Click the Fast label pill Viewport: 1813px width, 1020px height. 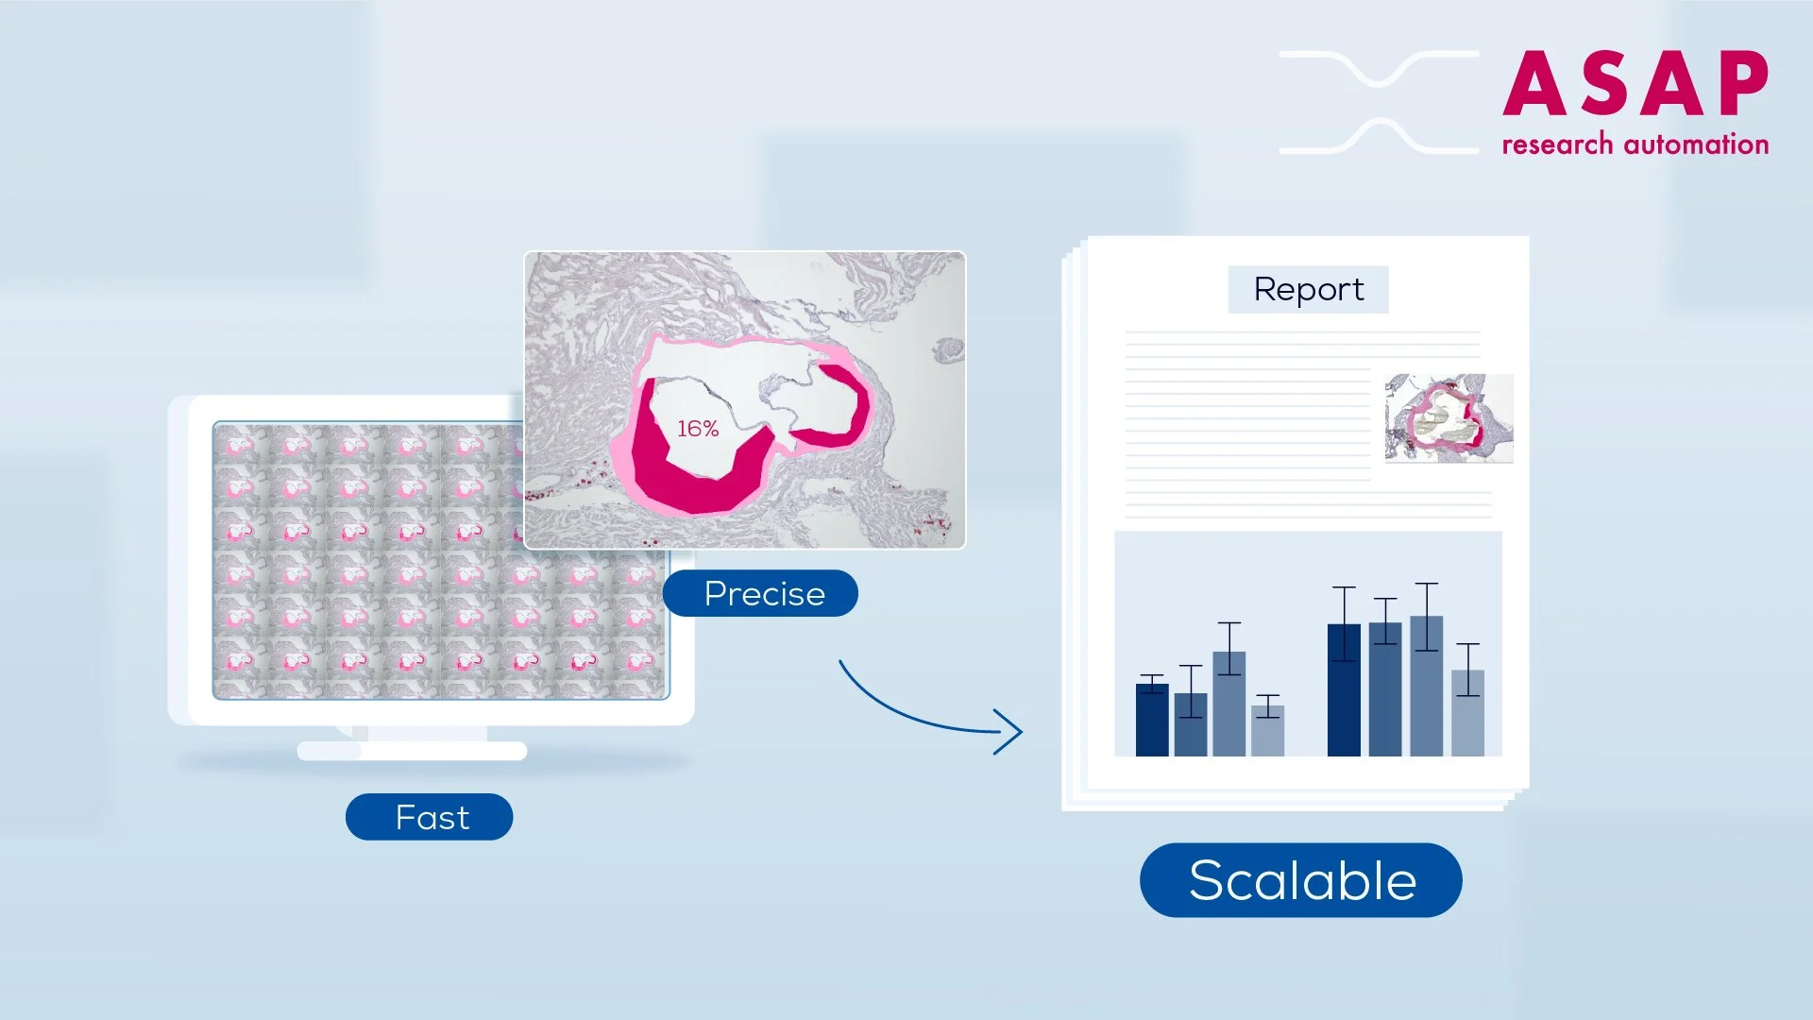[x=430, y=817]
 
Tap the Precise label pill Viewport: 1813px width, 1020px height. [x=761, y=593]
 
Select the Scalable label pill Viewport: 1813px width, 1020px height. [x=1301, y=880]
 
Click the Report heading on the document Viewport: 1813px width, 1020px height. [x=1308, y=289]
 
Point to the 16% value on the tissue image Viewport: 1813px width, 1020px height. [x=698, y=429]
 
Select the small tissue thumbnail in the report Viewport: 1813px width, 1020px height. [x=1449, y=417]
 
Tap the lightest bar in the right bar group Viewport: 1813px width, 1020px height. [x=1467, y=713]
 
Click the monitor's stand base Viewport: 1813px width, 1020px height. [x=412, y=751]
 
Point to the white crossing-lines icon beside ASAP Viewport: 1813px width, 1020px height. [x=1380, y=102]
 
